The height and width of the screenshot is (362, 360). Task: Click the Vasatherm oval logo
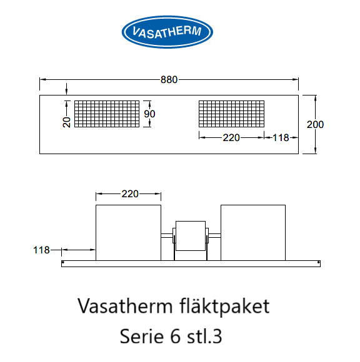[167, 32]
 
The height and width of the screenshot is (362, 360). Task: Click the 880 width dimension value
[169, 80]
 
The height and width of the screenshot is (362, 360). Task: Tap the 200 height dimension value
[315, 125]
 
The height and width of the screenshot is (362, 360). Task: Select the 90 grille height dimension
[149, 114]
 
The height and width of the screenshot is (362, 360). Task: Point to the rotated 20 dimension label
[67, 122]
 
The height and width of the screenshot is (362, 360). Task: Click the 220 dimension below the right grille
[231, 138]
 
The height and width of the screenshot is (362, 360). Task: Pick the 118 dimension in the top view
[281, 138]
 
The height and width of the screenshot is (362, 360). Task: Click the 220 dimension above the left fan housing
[130, 194]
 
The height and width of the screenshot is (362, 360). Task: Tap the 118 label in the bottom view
[41, 250]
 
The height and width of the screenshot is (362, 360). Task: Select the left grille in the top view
[107, 114]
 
